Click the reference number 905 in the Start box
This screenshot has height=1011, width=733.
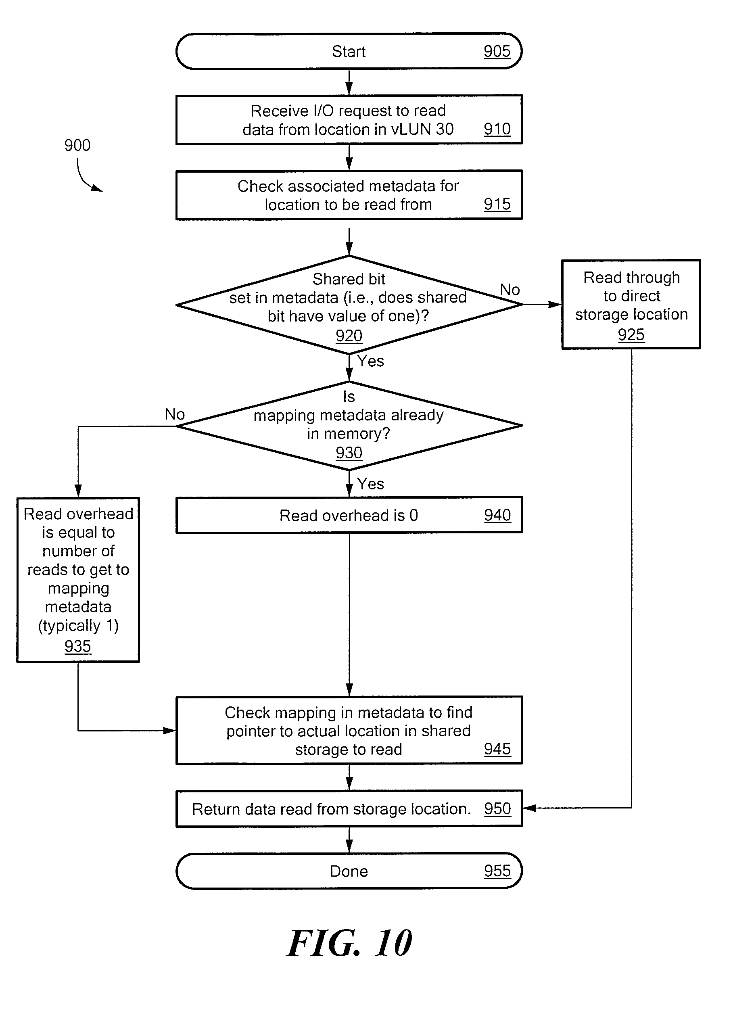tap(497, 51)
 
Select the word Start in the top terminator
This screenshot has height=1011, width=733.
tap(349, 51)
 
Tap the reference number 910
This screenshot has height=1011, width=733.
tap(497, 129)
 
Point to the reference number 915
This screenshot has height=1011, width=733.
tap(497, 204)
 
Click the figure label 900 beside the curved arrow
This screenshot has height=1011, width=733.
tap(77, 145)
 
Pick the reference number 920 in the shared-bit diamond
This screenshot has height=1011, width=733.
tap(349, 336)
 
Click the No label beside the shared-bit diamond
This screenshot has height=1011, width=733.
tap(510, 290)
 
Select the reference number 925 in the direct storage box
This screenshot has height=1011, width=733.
tap(631, 334)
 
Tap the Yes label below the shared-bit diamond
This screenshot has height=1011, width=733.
tap(370, 361)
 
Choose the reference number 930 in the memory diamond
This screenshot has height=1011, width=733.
tap(349, 453)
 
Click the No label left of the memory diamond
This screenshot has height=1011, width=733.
tap(175, 415)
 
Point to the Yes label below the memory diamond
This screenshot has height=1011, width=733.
tap(370, 484)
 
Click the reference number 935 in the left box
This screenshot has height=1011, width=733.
tap(77, 646)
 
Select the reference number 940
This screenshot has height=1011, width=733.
tap(497, 515)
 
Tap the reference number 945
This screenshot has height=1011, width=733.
tap(497, 749)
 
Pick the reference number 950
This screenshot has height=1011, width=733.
tap(497, 808)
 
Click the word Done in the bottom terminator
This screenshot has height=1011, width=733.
tap(349, 871)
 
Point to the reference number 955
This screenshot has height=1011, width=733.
tap(497, 871)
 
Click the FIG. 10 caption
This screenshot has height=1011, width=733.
tap(349, 943)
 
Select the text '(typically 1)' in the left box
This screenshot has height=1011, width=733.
tap(78, 626)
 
